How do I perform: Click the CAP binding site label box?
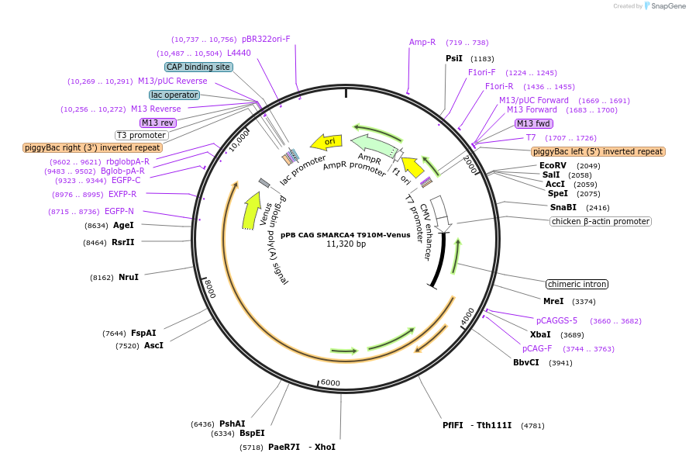coord(198,67)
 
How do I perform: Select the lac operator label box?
coord(174,95)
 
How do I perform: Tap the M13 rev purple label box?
coord(157,123)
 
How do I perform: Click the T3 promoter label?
coord(141,135)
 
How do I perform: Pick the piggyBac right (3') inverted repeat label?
coord(92,147)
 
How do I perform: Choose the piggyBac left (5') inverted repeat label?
coord(598,151)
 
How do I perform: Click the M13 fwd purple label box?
coord(534,123)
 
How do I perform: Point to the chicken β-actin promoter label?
coord(601,221)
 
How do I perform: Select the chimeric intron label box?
coord(577,284)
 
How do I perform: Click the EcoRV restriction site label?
coord(553,165)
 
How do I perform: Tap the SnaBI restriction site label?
coord(563,207)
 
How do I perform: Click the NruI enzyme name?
coord(129,277)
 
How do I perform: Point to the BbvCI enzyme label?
coord(526,362)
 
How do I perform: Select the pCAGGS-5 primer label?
coord(556,320)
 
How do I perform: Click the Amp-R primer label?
coord(422,42)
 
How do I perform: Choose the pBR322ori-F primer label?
coord(266,39)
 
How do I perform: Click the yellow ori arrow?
coord(326,142)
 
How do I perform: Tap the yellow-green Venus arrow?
coord(251,210)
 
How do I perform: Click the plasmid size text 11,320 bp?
coord(346,244)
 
